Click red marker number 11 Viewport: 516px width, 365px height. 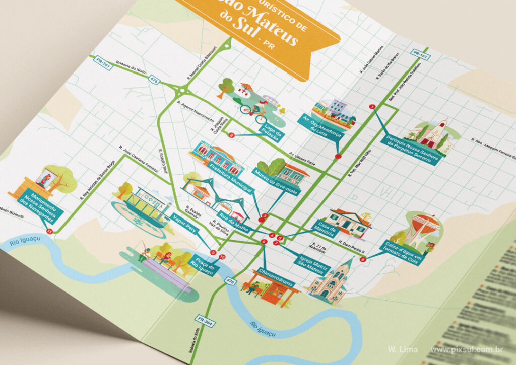click(x=49, y=231)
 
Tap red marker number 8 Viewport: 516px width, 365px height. click(x=363, y=259)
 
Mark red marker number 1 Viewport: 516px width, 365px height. click(x=372, y=106)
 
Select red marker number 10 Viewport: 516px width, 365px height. click(x=223, y=257)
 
